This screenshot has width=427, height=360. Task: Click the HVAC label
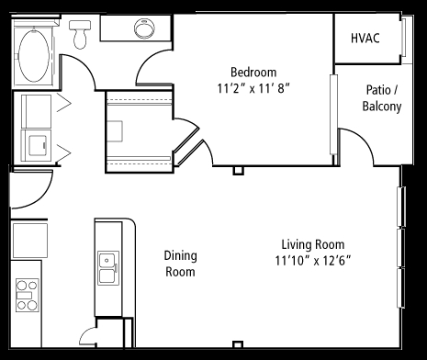[365, 39]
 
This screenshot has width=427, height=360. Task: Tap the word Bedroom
[253, 73]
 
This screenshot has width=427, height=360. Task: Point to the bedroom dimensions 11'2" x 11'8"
[253, 89]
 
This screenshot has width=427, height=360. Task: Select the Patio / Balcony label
[382, 98]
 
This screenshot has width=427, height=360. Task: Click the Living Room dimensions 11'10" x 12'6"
[312, 261]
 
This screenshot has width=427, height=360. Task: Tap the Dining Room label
[180, 264]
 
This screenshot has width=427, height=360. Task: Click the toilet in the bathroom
[80, 34]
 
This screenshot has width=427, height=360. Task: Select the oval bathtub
[34, 56]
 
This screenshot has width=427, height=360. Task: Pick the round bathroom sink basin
[144, 28]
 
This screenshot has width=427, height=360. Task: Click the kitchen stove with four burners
[28, 295]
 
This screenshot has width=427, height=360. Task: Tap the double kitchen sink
[108, 268]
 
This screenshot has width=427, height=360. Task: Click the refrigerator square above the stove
[29, 241]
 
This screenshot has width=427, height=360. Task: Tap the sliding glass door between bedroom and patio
[333, 115]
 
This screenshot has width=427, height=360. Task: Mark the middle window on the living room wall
[400, 247]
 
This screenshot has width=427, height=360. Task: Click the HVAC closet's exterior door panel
[404, 38]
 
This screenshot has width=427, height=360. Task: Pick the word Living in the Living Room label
[297, 245]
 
